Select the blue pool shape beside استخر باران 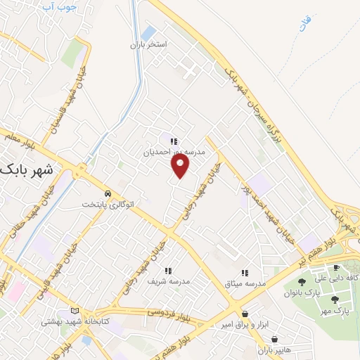148,32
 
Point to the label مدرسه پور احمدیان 174,151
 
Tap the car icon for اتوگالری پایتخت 107,193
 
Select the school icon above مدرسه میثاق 245,273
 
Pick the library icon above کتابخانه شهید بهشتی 75,311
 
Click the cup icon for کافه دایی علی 335,268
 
